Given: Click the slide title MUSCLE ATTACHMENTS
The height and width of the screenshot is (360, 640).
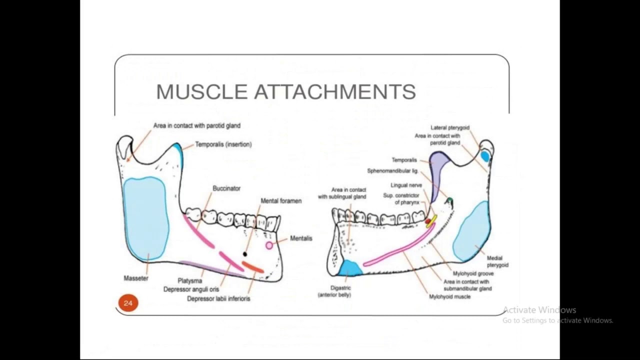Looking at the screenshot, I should (285, 92).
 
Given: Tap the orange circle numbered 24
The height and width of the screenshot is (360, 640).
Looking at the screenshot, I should (128, 303).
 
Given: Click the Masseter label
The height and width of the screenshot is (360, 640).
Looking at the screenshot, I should (136, 278).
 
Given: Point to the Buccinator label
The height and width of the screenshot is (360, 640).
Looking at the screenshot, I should (226, 188).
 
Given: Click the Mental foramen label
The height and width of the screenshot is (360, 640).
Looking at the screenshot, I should (281, 201).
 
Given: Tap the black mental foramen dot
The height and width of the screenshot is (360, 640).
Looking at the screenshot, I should (244, 254).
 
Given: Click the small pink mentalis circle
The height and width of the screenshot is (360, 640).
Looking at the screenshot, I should (269, 245).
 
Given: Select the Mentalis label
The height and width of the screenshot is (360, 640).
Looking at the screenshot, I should (301, 238).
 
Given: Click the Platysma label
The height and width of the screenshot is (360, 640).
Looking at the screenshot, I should (190, 281).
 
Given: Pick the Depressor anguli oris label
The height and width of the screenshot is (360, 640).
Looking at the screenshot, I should (191, 289).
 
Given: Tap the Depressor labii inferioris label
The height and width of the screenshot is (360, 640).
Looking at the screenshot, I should (218, 298).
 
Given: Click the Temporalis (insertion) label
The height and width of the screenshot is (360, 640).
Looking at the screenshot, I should (223, 144).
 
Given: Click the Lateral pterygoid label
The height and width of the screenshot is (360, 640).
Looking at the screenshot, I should (450, 128).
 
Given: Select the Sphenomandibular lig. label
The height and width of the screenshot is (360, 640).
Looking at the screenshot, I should (392, 171).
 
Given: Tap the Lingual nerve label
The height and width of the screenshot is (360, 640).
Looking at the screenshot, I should (406, 185).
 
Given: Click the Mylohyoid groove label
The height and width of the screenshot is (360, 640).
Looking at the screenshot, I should (473, 274).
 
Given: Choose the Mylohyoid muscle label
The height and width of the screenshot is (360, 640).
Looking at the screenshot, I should (449, 297).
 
